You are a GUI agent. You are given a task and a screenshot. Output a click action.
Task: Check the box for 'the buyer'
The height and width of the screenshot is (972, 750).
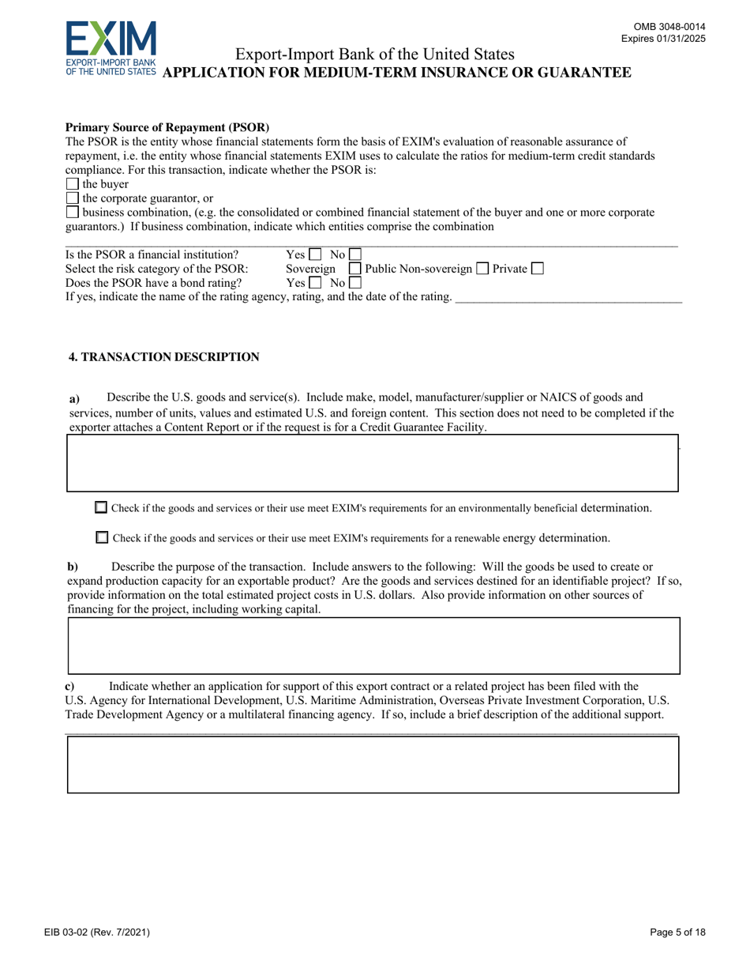(73, 185)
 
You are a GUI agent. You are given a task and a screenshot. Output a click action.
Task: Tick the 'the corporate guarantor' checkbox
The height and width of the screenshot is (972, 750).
(73, 198)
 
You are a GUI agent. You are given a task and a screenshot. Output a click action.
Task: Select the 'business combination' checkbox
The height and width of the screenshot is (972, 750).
(73, 212)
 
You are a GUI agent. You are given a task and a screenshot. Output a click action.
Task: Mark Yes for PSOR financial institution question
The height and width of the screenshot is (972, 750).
(316, 255)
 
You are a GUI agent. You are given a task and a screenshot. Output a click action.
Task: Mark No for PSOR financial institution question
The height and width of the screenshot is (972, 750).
(354, 255)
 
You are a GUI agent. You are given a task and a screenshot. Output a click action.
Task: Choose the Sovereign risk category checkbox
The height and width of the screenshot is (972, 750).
(355, 269)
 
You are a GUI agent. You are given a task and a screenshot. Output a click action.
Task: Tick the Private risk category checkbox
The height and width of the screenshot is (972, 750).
(538, 269)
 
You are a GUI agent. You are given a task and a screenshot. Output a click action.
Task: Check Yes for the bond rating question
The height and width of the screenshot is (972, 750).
(316, 283)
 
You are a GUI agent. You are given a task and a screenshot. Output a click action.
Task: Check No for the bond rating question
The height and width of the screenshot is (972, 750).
(354, 283)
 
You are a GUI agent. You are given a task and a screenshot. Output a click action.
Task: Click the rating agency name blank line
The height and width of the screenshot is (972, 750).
(568, 298)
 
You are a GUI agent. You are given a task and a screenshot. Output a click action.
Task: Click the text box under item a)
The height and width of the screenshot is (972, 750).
(373, 463)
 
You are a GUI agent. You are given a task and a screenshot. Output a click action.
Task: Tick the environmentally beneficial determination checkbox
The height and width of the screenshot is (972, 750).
(101, 508)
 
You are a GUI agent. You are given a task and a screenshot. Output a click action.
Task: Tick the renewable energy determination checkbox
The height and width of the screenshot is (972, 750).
(102, 538)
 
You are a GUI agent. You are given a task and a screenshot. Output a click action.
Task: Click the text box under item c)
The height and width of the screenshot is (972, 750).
(373, 764)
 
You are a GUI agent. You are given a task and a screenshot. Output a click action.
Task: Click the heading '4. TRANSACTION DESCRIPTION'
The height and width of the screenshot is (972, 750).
(164, 357)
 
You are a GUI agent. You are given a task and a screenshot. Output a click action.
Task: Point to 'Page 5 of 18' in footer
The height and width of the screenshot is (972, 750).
(678, 932)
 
